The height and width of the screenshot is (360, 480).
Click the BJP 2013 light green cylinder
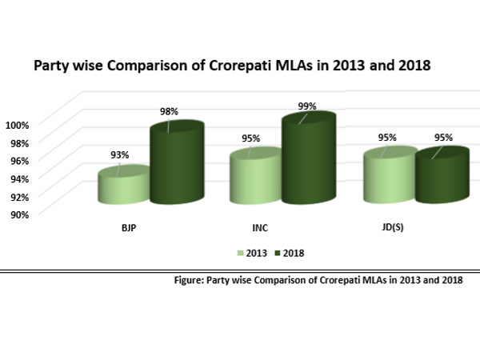click(123, 186)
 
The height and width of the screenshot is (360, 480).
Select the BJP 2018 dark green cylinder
click(177, 164)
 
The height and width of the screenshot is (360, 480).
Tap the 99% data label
click(308, 106)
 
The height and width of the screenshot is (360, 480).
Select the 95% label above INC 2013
click(251, 138)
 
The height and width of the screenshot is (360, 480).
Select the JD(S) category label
click(392, 229)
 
